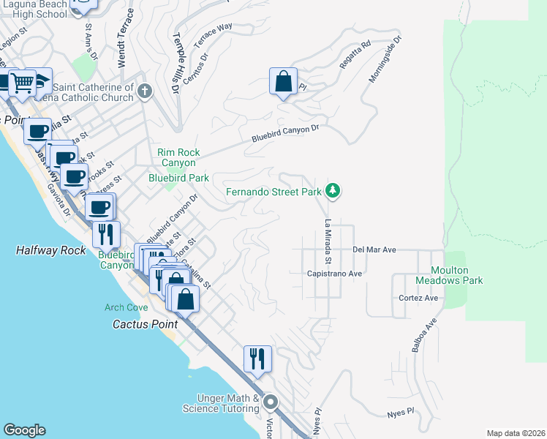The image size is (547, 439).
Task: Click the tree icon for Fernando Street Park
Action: (333, 191)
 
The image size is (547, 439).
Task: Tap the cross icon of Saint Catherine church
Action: (145, 91)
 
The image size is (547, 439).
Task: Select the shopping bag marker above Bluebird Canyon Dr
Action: (283, 82)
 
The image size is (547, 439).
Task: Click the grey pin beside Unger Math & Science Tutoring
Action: (271, 402)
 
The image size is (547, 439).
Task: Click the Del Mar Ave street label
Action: (374, 249)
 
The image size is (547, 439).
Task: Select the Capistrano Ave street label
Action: (335, 274)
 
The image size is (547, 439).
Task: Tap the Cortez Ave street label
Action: (418, 298)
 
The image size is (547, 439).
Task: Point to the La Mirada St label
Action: (328, 242)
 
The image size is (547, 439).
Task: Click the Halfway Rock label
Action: (50, 250)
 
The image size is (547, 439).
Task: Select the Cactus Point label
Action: (142, 323)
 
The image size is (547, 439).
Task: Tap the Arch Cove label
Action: (126, 307)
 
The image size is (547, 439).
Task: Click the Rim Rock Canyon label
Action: (176, 157)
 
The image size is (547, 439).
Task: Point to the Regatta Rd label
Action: (355, 55)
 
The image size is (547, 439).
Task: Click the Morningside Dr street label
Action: (385, 59)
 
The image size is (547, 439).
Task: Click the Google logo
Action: (24, 430)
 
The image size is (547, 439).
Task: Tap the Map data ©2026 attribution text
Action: (515, 433)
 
